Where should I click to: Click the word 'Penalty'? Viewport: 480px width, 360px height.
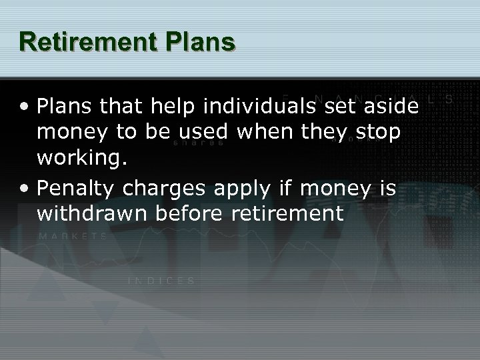click(x=71, y=189)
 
